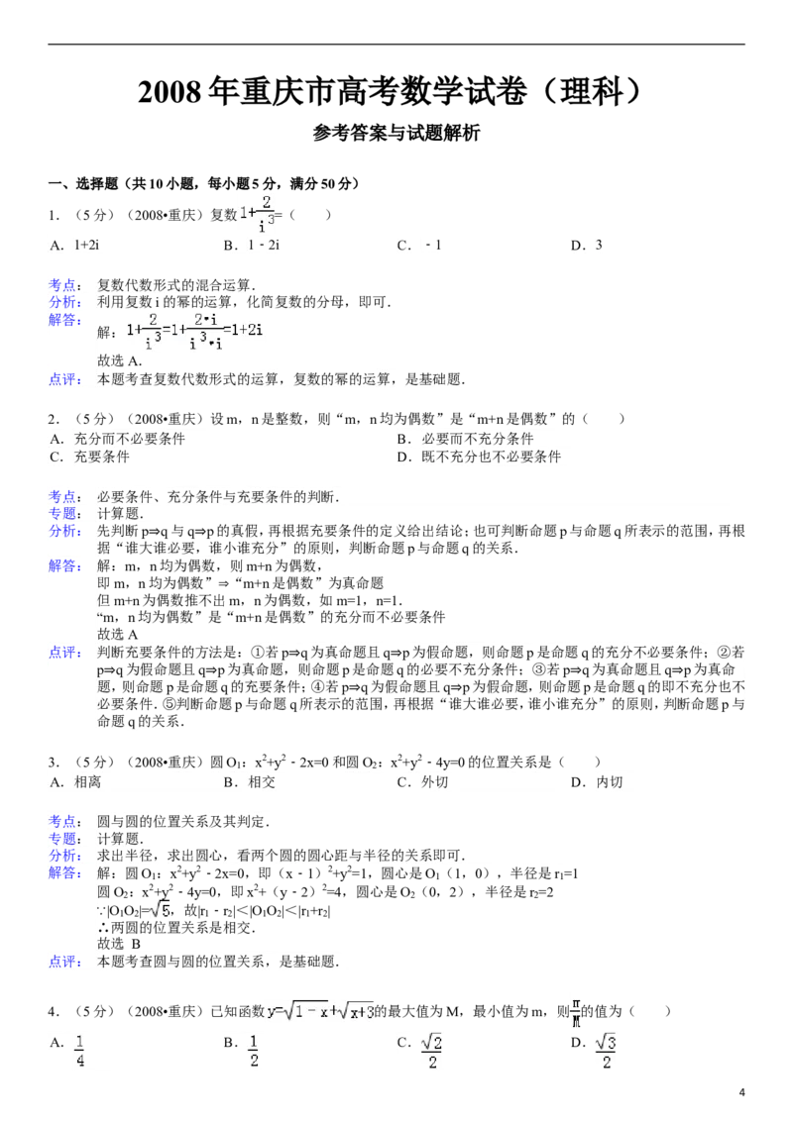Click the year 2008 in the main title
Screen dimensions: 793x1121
(x=170, y=93)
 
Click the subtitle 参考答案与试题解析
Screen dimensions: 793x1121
(x=396, y=133)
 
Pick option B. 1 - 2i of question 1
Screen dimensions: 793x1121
(x=251, y=246)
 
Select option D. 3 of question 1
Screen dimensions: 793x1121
(x=586, y=246)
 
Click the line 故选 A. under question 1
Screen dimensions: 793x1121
(x=120, y=361)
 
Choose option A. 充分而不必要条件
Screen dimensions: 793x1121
(x=117, y=439)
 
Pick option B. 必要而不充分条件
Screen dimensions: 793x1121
(x=465, y=439)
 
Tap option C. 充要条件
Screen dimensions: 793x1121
(x=89, y=457)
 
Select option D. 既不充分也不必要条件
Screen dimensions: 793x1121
(x=479, y=457)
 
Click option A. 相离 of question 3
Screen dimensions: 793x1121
(x=75, y=782)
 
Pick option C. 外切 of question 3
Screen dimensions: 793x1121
(x=422, y=782)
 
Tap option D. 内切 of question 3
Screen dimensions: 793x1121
(x=596, y=782)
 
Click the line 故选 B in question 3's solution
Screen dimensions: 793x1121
(x=119, y=944)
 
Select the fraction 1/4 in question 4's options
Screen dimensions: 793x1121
(x=79, y=1051)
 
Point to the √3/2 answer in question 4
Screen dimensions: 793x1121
(x=606, y=1051)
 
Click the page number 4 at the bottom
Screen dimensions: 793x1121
(x=741, y=1091)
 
